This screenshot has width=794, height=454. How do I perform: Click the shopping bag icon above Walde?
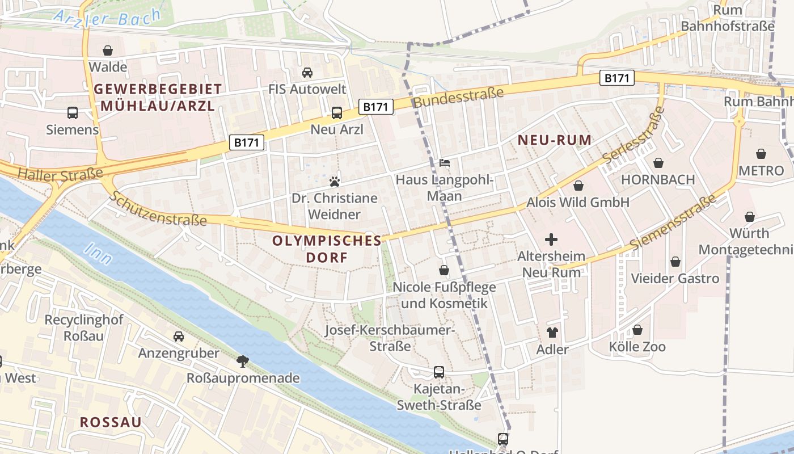click(108, 51)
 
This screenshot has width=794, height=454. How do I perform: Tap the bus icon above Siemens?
click(73, 113)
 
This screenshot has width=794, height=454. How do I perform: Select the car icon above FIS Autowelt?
click(307, 73)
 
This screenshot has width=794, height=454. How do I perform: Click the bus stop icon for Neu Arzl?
click(337, 113)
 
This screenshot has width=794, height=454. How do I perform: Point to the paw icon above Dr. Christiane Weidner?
click(335, 182)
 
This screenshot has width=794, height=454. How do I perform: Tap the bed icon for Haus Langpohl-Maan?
click(445, 163)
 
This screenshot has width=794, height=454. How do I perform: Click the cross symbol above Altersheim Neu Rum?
click(551, 239)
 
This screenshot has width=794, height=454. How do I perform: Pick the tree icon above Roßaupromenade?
click(243, 361)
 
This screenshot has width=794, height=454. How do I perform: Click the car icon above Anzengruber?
click(179, 337)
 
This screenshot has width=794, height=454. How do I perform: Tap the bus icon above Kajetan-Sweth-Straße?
click(439, 372)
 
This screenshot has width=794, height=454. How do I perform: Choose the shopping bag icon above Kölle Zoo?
click(637, 330)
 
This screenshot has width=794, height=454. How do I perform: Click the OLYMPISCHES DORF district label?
click(327, 249)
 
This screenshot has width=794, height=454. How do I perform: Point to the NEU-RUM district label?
click(554, 140)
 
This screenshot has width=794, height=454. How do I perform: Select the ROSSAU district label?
click(111, 422)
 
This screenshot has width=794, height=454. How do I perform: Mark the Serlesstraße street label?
click(633, 136)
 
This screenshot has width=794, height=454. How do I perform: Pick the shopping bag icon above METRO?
click(761, 154)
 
